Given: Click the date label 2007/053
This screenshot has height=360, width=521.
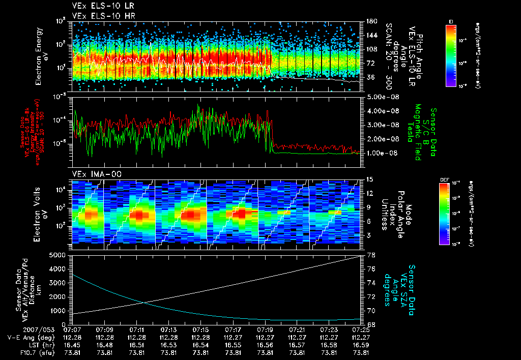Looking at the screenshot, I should coord(20,329).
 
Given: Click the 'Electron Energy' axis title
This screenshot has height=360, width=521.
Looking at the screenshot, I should coord(38,57).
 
